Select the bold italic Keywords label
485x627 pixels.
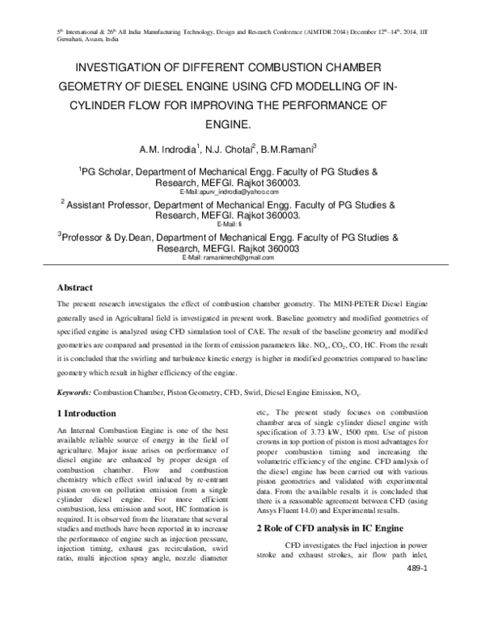click(73, 391)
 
